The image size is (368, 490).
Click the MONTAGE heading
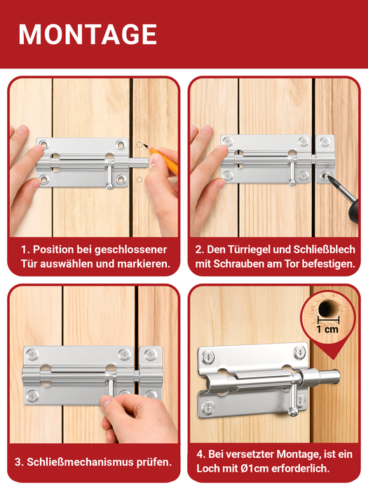click(x=88, y=34)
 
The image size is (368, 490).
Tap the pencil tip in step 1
click(x=144, y=145)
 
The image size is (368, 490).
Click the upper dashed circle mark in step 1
click(x=139, y=145)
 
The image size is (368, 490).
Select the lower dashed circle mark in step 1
click(x=139, y=179)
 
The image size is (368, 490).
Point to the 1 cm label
click(x=327, y=330)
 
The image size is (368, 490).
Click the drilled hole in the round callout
click(x=327, y=307)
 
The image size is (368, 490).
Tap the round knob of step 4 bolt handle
click(x=293, y=412)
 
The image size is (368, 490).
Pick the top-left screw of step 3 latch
click(x=32, y=354)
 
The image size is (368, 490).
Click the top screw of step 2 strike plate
click(x=325, y=141)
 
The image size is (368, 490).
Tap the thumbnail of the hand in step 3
click(x=105, y=401)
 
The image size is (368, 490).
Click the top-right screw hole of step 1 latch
click(x=121, y=144)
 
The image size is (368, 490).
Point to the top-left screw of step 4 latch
click(x=209, y=356)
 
